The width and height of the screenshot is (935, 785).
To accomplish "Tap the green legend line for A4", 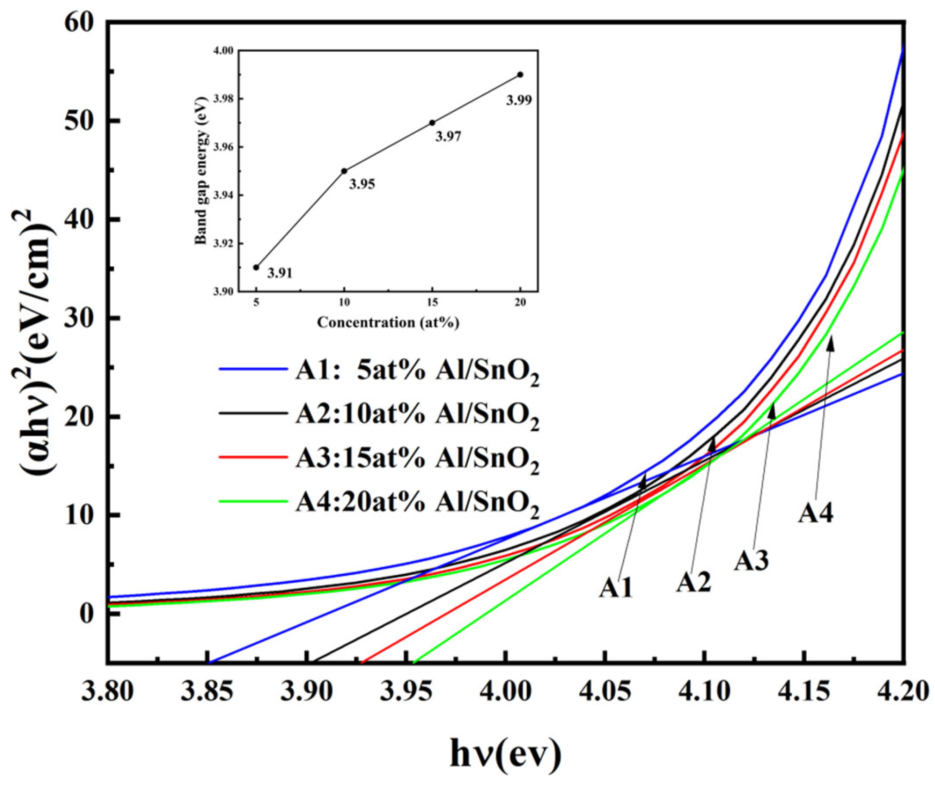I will (253, 501).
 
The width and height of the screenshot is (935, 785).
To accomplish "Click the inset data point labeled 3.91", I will (256, 267).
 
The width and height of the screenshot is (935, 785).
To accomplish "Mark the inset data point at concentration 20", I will (520, 75).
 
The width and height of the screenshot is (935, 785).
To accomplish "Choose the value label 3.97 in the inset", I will (448, 136).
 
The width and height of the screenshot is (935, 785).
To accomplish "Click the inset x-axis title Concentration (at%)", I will (388, 322).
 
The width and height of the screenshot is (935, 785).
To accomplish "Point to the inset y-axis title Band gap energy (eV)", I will (201, 171).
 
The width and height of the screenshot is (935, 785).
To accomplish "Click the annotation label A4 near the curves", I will (815, 514).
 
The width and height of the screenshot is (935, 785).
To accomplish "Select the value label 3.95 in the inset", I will (362, 184).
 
